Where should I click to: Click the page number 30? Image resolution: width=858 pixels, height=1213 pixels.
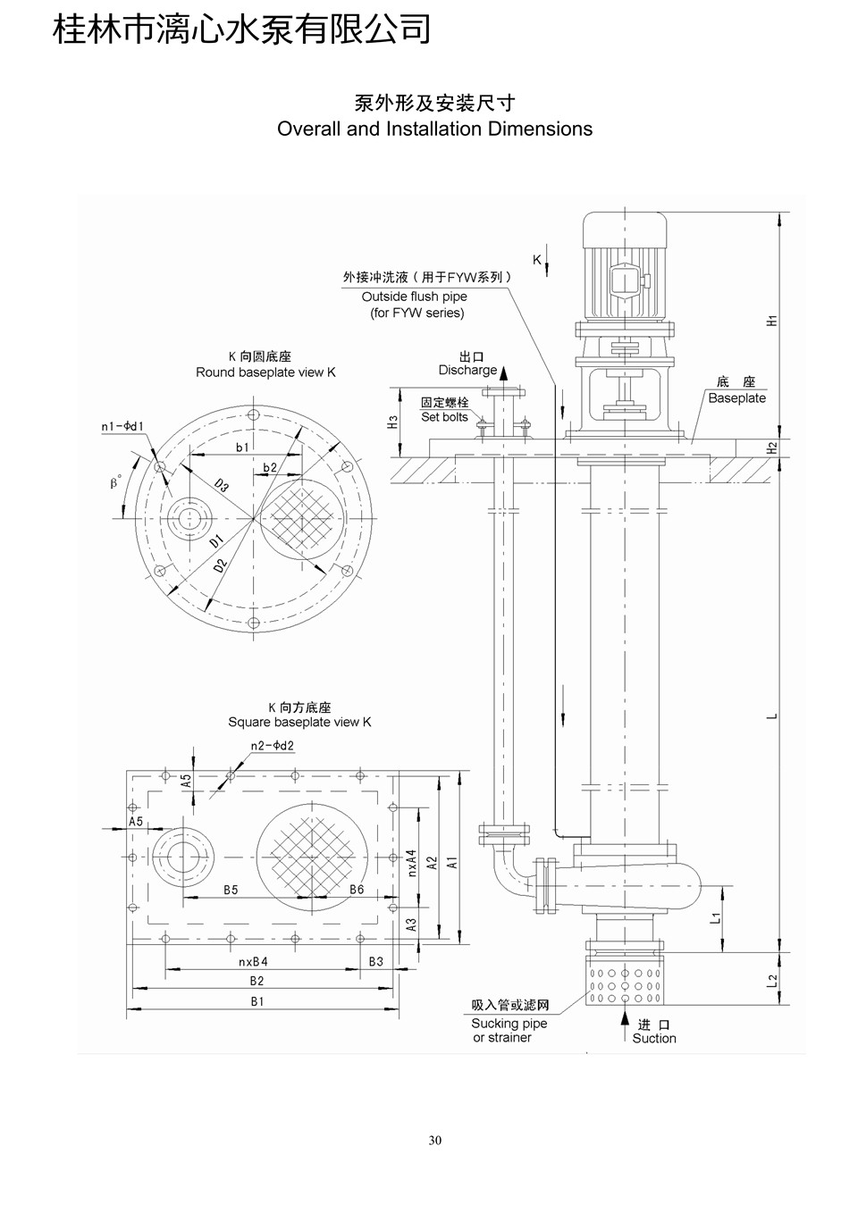tap(435, 1140)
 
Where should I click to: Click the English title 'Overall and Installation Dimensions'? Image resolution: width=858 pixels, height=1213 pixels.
tap(434, 129)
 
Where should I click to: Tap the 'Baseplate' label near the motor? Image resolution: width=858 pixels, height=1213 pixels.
tap(736, 398)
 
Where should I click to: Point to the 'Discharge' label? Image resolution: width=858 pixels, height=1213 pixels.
tap(467, 370)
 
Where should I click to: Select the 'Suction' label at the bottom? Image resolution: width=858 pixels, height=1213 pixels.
tap(654, 1038)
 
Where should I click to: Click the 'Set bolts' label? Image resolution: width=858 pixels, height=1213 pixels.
tap(444, 417)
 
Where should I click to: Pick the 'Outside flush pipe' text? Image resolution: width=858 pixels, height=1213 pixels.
tap(414, 297)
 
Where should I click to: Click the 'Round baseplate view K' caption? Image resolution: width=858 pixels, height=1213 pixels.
tap(265, 372)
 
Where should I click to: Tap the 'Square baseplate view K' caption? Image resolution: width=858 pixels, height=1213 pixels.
tap(299, 722)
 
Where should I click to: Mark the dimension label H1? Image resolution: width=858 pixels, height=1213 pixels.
tap(773, 320)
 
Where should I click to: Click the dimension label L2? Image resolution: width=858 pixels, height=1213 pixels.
tap(773, 981)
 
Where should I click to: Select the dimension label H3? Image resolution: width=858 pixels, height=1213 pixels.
tap(393, 422)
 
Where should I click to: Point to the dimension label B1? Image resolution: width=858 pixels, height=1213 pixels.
tap(257, 1002)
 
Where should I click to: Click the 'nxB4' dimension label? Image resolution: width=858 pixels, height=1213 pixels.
tap(253, 962)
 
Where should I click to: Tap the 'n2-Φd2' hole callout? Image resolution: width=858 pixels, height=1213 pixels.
tap(272, 746)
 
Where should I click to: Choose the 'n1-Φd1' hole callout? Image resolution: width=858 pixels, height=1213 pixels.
tap(122, 427)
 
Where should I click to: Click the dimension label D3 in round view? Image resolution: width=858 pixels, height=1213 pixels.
tap(222, 486)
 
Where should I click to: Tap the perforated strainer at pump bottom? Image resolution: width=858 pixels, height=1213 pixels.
tap(625, 981)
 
